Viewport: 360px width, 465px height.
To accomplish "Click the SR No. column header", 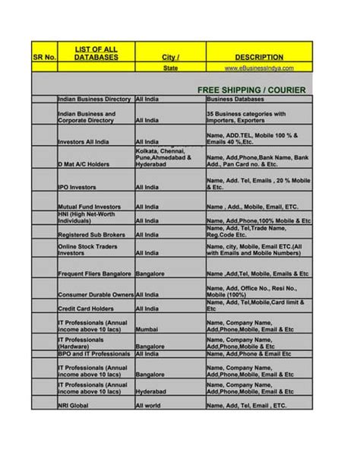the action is pyautogui.click(x=43, y=57).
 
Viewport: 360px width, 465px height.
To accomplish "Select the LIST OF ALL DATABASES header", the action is pyautogui.click(x=95, y=53).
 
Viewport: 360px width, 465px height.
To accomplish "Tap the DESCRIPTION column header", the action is pyautogui.click(x=259, y=57).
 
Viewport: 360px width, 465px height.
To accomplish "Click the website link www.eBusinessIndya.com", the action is pyautogui.click(x=259, y=68).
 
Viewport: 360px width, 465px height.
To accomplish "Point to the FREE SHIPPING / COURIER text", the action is pyautogui.click(x=251, y=90).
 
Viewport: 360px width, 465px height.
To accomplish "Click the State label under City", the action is pyautogui.click(x=170, y=68).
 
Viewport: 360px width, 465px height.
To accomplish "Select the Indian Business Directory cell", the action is pyautogui.click(x=94, y=100).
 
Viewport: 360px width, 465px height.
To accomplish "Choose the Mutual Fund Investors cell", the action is pyautogui.click(x=89, y=206).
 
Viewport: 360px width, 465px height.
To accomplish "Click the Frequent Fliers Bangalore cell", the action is pyautogui.click(x=94, y=274).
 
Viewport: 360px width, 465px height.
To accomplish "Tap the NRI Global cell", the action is pyautogui.click(x=74, y=406).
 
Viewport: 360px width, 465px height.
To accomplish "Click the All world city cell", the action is pyautogui.click(x=149, y=406).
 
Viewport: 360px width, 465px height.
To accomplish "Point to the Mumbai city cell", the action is pyautogui.click(x=147, y=330).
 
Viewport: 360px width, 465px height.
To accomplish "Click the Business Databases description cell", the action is pyautogui.click(x=235, y=100).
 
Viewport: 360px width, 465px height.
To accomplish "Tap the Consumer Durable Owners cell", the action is pyautogui.click(x=95, y=294).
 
